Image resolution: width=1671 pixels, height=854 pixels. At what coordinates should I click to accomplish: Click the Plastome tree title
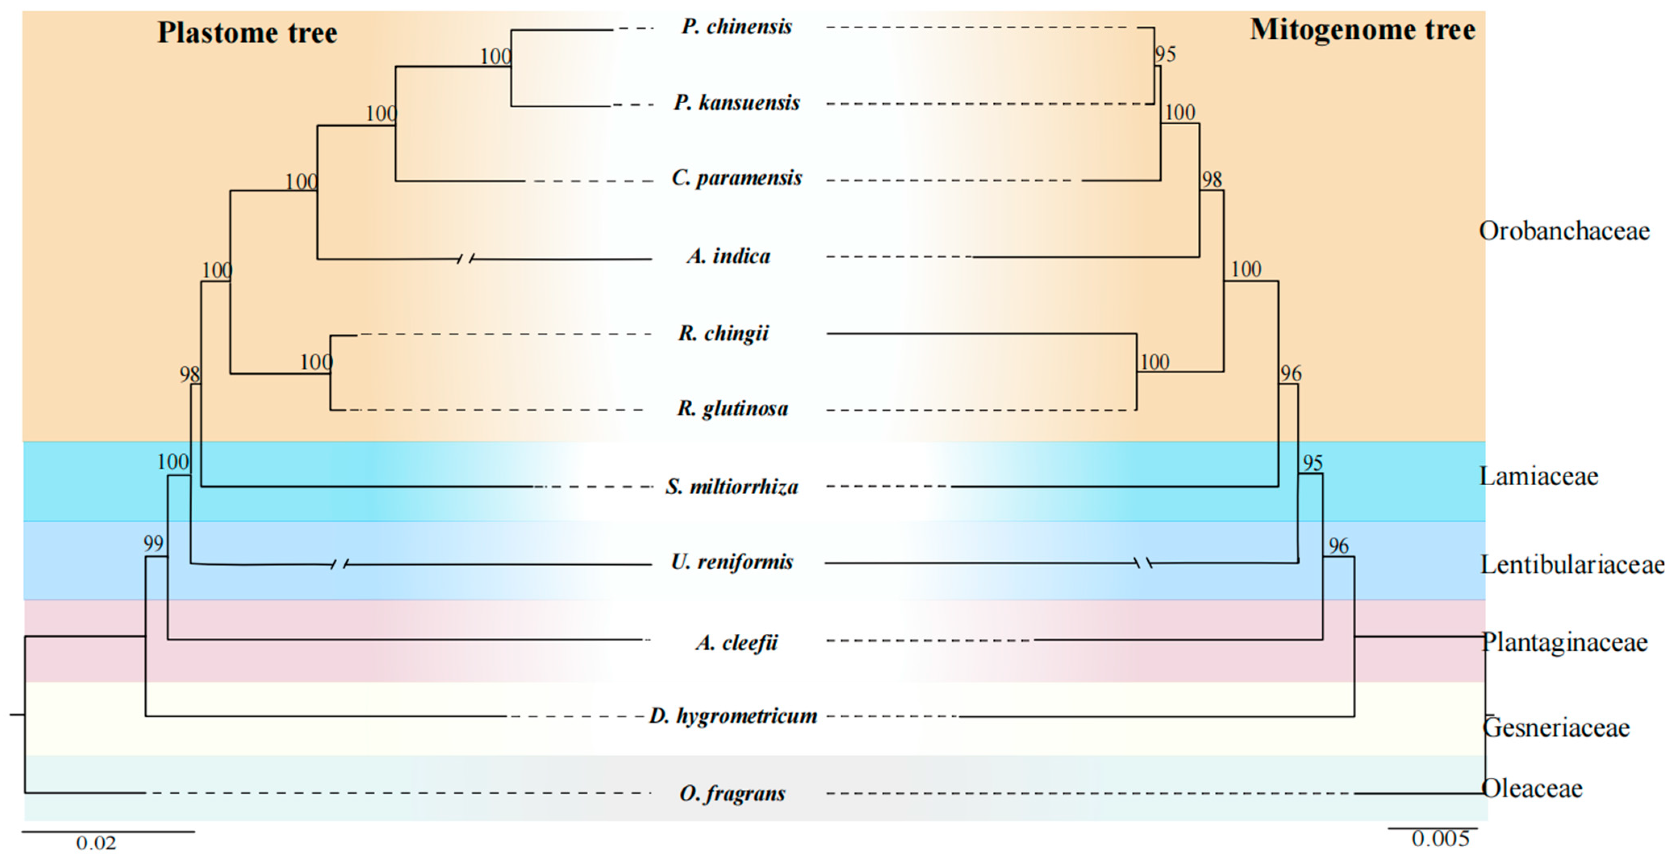click(247, 32)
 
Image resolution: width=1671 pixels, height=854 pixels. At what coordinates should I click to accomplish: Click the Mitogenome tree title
click(1362, 30)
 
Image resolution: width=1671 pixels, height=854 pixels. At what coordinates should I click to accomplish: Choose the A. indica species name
click(729, 256)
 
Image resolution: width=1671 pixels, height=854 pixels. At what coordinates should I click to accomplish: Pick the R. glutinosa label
click(732, 409)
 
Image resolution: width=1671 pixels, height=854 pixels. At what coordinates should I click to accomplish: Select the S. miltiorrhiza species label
click(732, 487)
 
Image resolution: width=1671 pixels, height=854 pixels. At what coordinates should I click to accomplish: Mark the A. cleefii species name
click(736, 643)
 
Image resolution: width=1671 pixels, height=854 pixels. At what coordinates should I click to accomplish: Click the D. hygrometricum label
click(733, 716)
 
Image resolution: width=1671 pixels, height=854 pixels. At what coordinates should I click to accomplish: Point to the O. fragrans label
click(732, 793)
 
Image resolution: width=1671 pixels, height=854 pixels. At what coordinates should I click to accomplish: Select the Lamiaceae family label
click(1538, 476)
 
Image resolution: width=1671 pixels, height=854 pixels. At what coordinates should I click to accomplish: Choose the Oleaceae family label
click(1532, 789)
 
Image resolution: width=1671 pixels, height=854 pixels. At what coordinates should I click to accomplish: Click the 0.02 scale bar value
click(96, 843)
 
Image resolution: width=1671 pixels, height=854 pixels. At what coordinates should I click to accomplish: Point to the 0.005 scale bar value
click(1440, 839)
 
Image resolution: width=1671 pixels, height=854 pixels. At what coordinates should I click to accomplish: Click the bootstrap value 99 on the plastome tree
click(153, 543)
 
